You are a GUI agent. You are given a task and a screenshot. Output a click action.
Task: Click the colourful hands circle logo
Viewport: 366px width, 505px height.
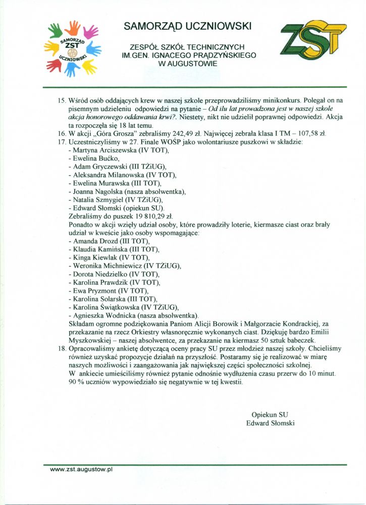coord(73,48)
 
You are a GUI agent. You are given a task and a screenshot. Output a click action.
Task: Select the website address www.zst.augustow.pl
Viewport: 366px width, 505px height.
coord(81,469)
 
